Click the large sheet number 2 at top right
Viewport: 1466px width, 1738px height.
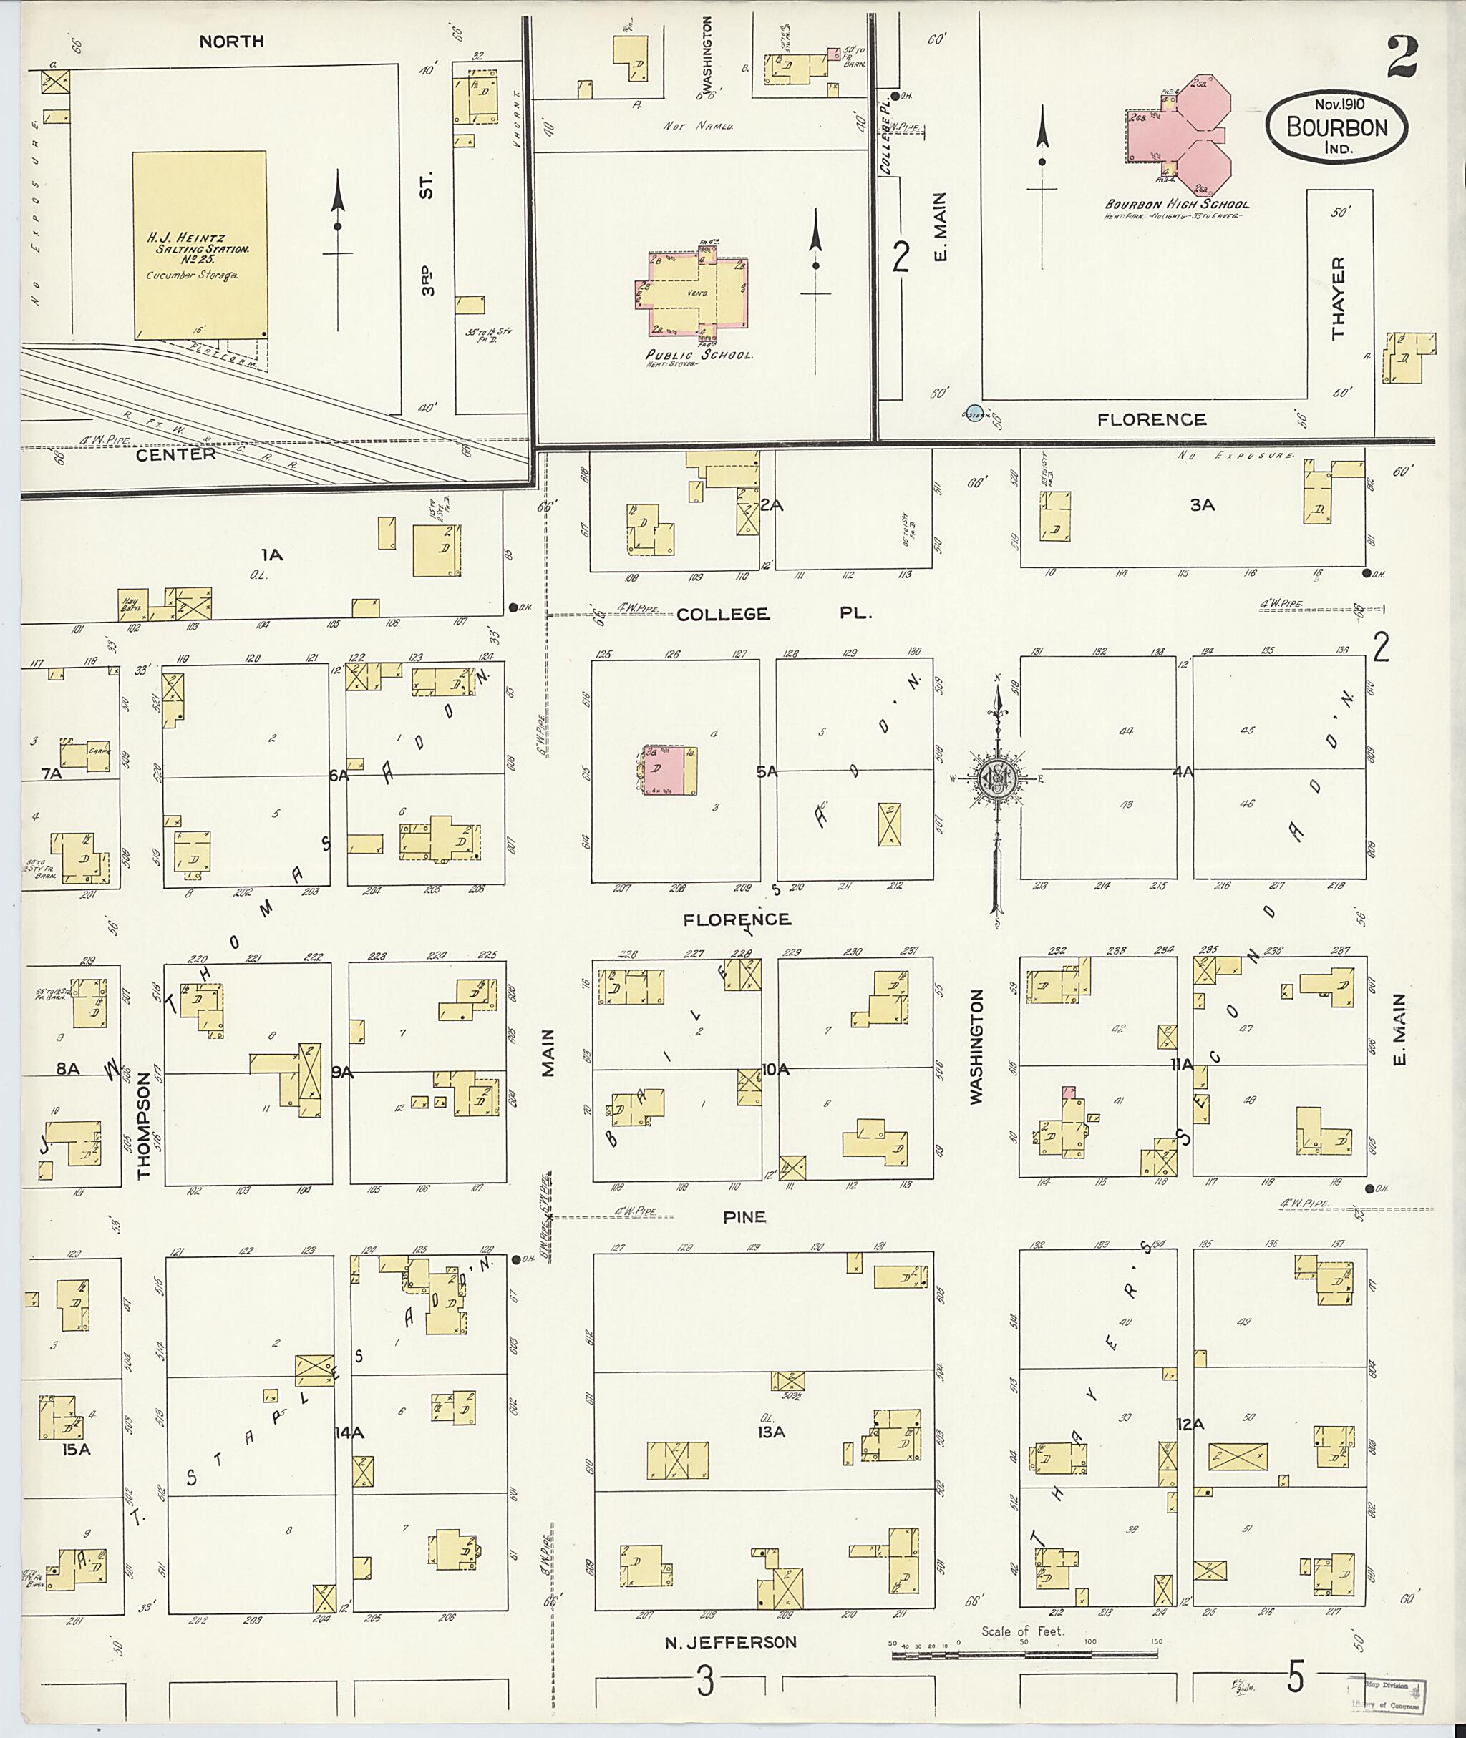coord(1402,57)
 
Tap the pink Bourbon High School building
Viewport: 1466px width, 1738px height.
coord(1180,137)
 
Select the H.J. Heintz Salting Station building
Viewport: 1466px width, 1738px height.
coord(200,245)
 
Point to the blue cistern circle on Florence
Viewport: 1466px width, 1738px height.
coord(974,411)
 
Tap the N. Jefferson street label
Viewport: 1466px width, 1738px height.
coord(731,1641)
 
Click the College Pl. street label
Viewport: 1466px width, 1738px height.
coord(773,614)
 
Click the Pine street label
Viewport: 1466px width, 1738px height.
coord(744,1217)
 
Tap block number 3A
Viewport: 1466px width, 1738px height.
coord(1202,504)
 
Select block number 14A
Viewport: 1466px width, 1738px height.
coord(349,1432)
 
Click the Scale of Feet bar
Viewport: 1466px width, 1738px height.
coord(1024,1655)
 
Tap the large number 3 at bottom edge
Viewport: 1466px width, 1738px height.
coord(705,1682)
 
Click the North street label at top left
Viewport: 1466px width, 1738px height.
coord(231,41)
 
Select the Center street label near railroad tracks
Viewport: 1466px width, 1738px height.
coord(175,454)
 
